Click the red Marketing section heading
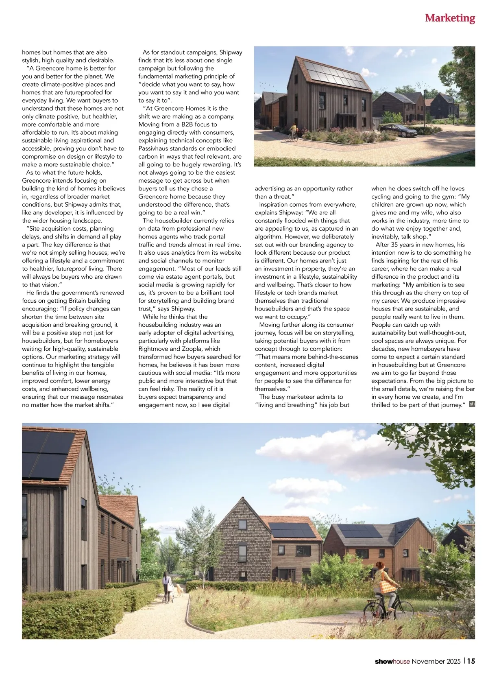tap(450, 18)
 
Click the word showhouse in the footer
tap(392, 662)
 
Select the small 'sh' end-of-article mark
tap(472, 404)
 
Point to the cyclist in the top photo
tap(293, 131)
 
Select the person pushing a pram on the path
tap(166, 586)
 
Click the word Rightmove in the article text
tap(153, 349)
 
